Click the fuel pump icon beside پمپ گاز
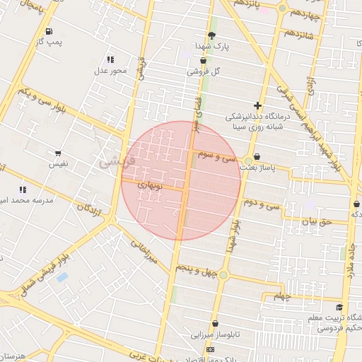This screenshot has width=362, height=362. pyautogui.click(x=49, y=31)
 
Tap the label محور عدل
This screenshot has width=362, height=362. pyautogui.click(x=110, y=71)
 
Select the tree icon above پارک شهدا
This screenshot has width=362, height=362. pyautogui.click(x=211, y=36)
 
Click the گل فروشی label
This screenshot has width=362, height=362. pyautogui.click(x=204, y=71)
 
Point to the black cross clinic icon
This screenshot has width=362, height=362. pyautogui.click(x=257, y=105)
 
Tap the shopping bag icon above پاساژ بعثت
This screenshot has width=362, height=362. pyautogui.click(x=256, y=157)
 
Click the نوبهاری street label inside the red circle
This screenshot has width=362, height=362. pyautogui.click(x=149, y=185)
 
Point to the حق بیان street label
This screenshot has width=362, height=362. pyautogui.click(x=317, y=222)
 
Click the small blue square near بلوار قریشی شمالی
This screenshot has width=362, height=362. pyautogui.click(x=62, y=277)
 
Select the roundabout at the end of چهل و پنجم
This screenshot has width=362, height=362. pyautogui.click(x=223, y=274)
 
